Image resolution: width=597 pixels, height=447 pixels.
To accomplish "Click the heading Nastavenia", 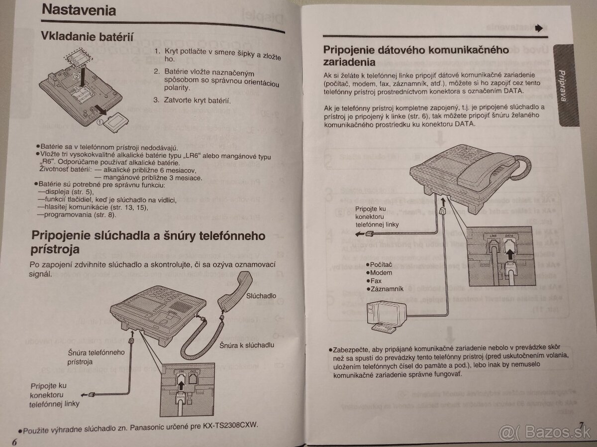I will pyautogui.click(x=79, y=10).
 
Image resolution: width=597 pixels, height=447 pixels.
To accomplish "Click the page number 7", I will pyautogui.click(x=580, y=424).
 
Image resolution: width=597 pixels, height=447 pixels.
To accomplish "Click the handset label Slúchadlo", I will pyautogui.click(x=261, y=296).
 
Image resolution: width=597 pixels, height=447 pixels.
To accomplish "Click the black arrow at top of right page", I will pyautogui.click(x=538, y=29).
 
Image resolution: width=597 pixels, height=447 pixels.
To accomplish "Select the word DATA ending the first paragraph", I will pyautogui.click(x=512, y=91).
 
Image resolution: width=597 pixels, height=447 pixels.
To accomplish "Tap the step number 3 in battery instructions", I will pyautogui.click(x=156, y=100).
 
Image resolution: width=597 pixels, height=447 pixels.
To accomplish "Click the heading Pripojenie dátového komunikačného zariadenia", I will pyautogui.click(x=415, y=56).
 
